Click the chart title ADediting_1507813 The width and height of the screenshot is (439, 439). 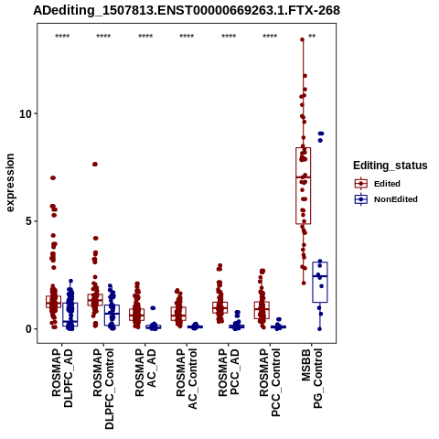point(187,11)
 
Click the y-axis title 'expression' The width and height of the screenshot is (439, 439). point(10,183)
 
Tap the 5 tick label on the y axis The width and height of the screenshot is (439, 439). point(29,221)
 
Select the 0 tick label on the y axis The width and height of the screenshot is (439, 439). point(29,329)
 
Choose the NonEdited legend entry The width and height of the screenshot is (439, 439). point(386,199)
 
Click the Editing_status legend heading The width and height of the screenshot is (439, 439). point(391,166)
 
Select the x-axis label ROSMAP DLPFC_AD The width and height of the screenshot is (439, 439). point(62,378)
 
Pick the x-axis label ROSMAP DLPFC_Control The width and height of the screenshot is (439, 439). point(103,389)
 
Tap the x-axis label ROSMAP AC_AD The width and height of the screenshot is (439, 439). point(145,372)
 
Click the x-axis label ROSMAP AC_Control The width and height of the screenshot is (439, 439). point(187,379)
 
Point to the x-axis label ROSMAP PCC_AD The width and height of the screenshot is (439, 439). point(229,372)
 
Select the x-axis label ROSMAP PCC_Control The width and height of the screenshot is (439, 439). point(270,382)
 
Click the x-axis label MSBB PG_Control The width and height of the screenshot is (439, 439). point(312,379)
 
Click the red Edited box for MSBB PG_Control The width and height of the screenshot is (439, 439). point(296,186)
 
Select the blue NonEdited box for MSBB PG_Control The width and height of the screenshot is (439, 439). point(313,282)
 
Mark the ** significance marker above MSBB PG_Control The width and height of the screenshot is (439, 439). point(312,37)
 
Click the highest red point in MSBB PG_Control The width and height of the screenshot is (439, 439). point(303,39)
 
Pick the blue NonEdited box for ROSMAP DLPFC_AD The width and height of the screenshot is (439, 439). point(63,315)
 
